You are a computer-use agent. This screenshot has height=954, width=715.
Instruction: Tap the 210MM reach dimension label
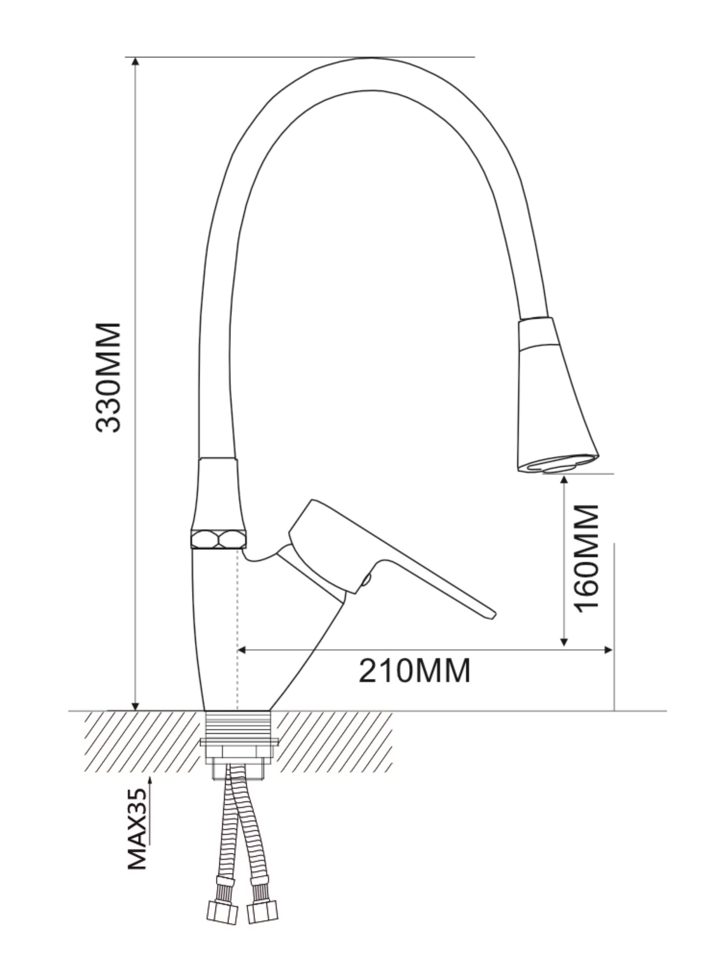click(414, 671)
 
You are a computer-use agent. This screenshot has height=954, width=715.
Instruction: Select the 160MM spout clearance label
click(587, 557)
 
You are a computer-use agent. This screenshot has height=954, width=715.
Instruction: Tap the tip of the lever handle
click(494, 615)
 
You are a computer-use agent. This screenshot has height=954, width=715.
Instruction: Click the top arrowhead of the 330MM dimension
click(135, 62)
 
